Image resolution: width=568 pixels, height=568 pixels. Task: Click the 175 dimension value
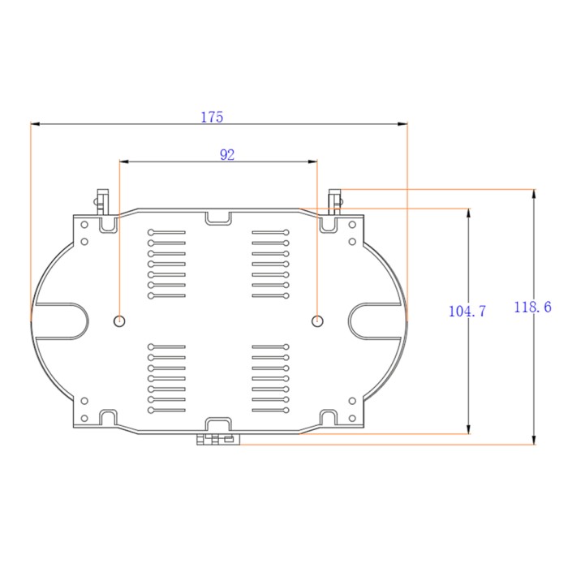[x=212, y=117]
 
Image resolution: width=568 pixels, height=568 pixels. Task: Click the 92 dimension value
[x=227, y=155]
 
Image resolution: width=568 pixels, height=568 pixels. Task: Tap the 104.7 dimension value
[x=467, y=311]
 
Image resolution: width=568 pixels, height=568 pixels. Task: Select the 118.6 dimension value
[x=532, y=308]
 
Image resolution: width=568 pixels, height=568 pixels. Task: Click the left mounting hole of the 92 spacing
[x=119, y=321]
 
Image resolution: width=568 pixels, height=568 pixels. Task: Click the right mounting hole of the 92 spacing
[x=317, y=321]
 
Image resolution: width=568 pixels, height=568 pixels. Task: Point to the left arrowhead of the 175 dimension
[x=36, y=124]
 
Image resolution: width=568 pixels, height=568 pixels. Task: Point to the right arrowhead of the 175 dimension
[x=402, y=124]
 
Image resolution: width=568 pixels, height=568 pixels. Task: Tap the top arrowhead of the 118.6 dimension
[x=533, y=194]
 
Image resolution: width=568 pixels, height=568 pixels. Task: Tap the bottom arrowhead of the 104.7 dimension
[x=468, y=428]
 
